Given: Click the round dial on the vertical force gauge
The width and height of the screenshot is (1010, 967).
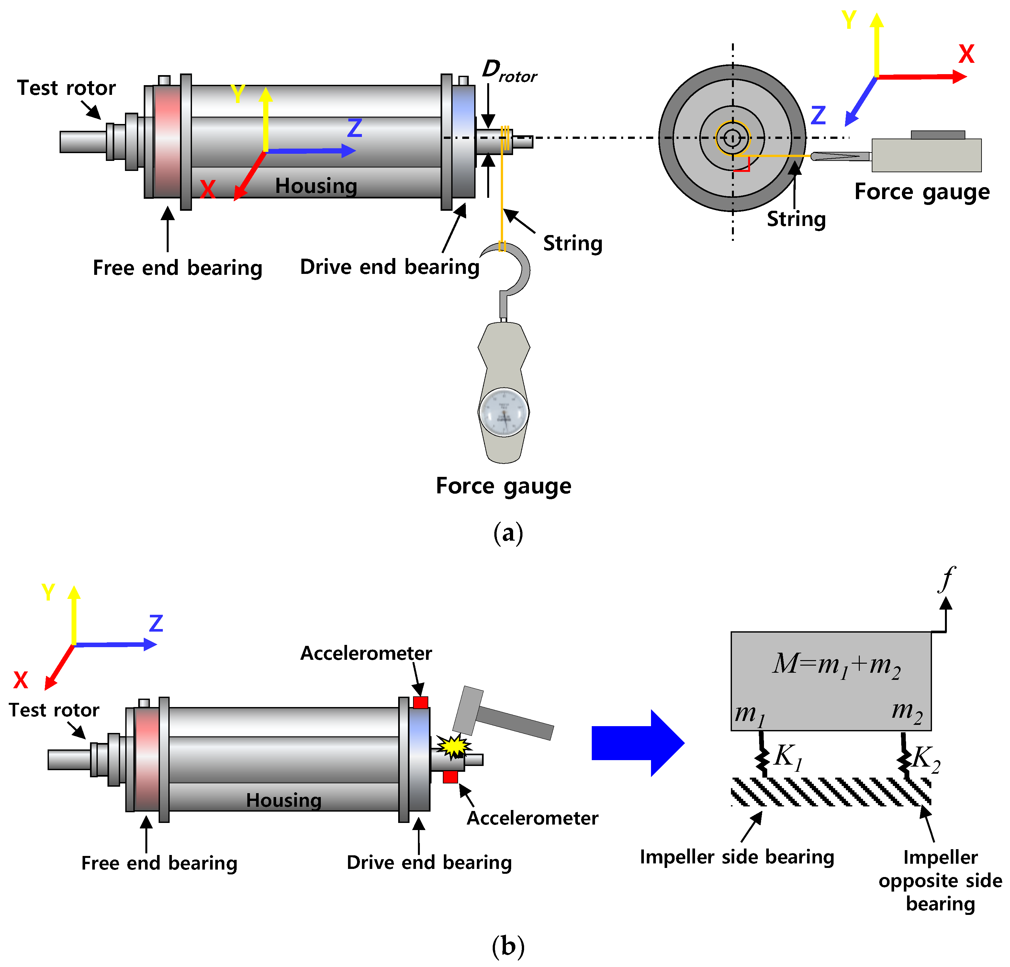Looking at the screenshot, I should tap(503, 413).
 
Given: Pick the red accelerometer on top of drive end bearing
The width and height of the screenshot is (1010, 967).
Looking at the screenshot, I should tap(421, 702).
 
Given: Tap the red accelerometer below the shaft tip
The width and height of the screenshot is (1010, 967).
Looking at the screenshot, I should tap(450, 776).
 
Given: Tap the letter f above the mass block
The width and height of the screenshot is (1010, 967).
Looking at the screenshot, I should tap(947, 578).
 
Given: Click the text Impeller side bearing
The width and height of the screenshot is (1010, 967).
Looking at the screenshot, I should tap(737, 857).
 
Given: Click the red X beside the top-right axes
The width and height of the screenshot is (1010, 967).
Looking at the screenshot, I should tap(966, 54).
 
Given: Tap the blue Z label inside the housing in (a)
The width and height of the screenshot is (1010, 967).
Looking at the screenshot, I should tap(354, 128).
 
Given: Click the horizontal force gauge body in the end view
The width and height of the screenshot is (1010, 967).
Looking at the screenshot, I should tap(926, 155).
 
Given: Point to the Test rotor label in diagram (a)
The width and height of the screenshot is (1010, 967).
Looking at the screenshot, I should tap(66, 88).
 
